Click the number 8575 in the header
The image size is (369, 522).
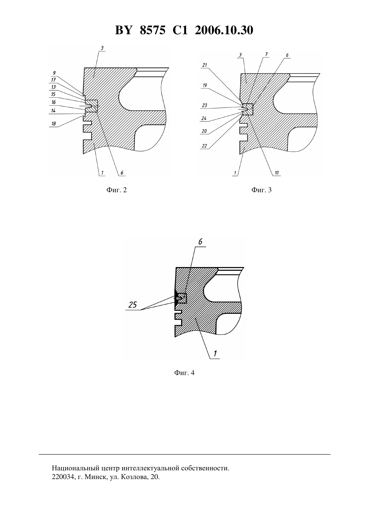point(153,30)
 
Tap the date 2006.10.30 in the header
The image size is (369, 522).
point(224,30)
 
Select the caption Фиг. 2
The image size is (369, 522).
point(116,190)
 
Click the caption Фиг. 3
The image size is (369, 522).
point(261,190)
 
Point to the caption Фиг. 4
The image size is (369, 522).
point(184,373)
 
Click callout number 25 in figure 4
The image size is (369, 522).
point(133,305)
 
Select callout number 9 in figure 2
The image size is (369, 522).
point(54,73)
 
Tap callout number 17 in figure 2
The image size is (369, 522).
point(54,80)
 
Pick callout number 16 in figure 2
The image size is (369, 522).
point(54,102)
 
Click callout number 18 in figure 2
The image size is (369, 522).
point(54,124)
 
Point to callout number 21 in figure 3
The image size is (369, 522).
point(205,65)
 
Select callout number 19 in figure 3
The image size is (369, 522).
point(205,85)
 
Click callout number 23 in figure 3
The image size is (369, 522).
point(205,105)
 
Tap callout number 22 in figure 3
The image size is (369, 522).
point(204,146)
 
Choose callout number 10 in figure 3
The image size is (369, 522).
point(276,173)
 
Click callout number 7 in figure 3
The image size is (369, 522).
point(266,54)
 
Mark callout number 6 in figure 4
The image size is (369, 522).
point(200,242)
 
